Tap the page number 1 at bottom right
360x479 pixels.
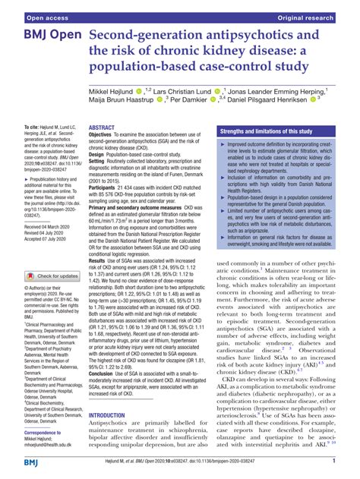click(336, 460)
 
